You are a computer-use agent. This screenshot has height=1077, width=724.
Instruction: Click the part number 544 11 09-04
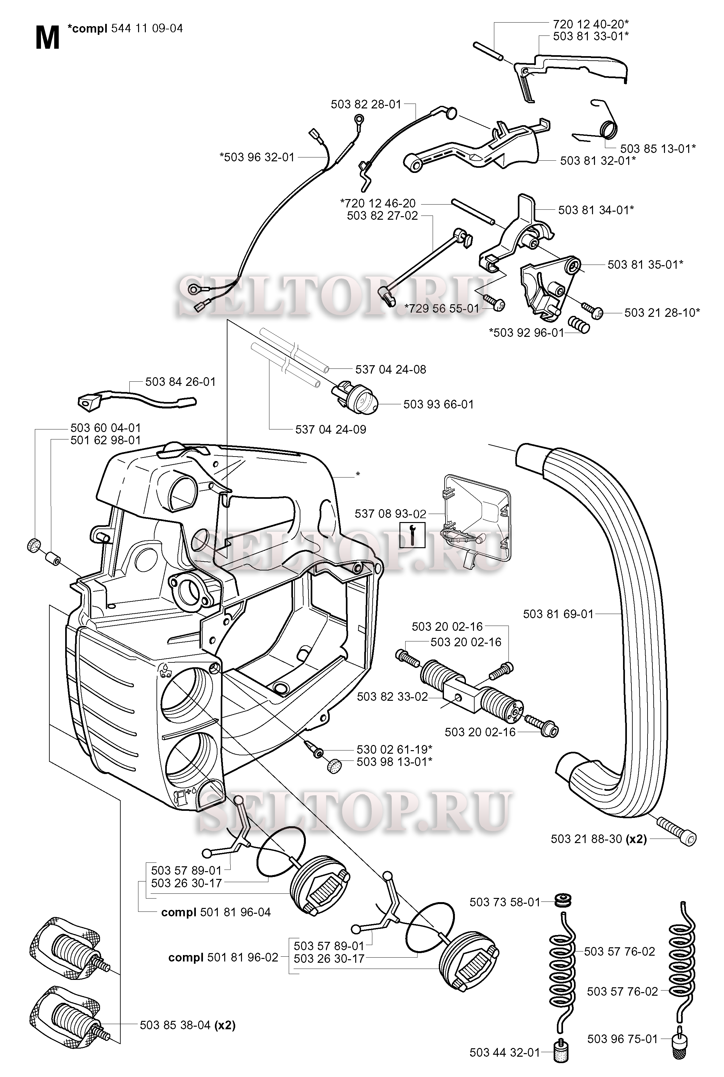coord(147,29)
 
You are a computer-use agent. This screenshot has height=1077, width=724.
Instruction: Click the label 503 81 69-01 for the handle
coord(558,614)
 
